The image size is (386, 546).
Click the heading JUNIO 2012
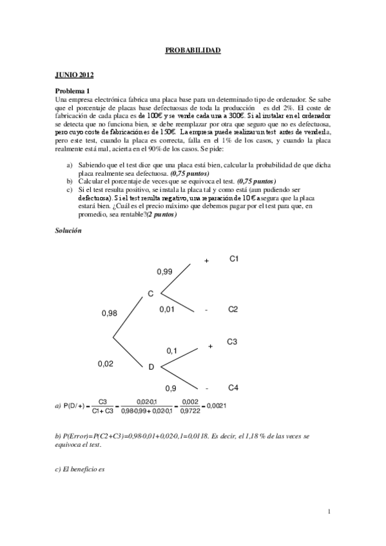click(x=74, y=75)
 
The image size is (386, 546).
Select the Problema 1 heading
click(x=73, y=91)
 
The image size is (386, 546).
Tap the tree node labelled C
click(x=150, y=294)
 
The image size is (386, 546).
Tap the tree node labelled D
click(x=151, y=367)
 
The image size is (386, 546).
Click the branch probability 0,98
click(x=110, y=314)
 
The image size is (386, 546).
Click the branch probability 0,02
click(x=106, y=364)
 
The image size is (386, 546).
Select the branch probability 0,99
click(x=164, y=272)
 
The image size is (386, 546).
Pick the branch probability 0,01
click(x=167, y=310)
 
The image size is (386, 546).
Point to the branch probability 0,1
click(x=172, y=351)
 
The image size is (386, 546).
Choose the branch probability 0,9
click(x=171, y=388)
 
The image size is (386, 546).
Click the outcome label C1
click(x=235, y=259)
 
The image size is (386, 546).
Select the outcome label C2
click(x=233, y=310)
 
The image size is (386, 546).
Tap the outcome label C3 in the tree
click(x=232, y=342)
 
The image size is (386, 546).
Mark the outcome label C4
click(x=233, y=388)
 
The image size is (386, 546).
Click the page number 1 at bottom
click(x=329, y=512)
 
